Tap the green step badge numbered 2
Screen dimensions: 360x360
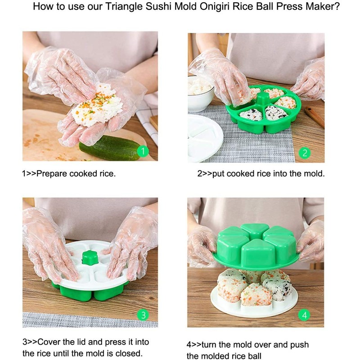pyautogui.click(x=305, y=153)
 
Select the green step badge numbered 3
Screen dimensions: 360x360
pyautogui.click(x=143, y=315)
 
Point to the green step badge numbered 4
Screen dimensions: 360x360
pyautogui.click(x=305, y=315)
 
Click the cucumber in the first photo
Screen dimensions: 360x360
pyautogui.click(x=108, y=147)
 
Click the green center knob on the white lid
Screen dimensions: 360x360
pyautogui.click(x=90, y=257)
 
